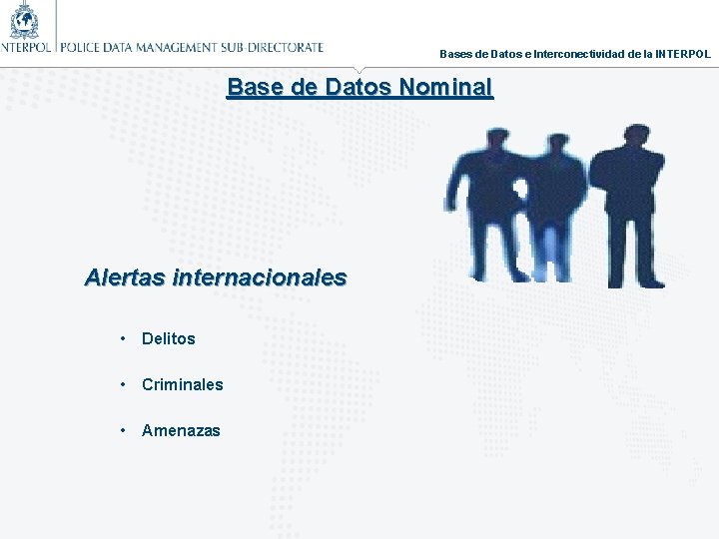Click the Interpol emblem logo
point(25,19)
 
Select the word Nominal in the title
point(445,87)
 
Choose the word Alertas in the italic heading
point(125,276)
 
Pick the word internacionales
point(260,276)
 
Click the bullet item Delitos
point(169,338)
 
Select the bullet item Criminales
point(183,384)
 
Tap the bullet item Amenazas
point(181,430)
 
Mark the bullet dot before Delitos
point(121,337)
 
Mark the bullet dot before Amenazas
point(121,429)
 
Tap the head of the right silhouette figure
point(633,136)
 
